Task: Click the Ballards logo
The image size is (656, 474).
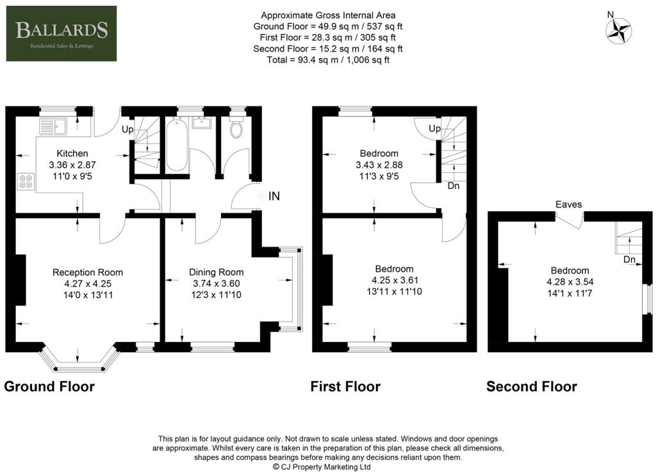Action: pyautogui.click(x=61, y=33)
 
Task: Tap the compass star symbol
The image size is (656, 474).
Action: pyautogui.click(x=619, y=31)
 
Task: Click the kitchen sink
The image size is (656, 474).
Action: pyautogui.click(x=53, y=126)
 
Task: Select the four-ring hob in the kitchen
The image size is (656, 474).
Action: pyautogui.click(x=26, y=182)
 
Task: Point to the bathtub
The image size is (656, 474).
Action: pyautogui.click(x=177, y=144)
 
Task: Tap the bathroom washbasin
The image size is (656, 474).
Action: pyautogui.click(x=202, y=122)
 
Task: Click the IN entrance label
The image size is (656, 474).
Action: pyautogui.click(x=274, y=196)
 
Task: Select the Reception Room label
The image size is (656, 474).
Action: pyautogui.click(x=88, y=272)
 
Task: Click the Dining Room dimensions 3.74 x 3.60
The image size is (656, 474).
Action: pyautogui.click(x=217, y=284)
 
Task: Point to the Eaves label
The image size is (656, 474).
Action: pyautogui.click(x=569, y=204)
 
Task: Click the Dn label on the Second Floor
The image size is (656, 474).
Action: pyautogui.click(x=629, y=259)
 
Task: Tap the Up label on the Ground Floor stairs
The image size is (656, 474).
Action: pyautogui.click(x=127, y=129)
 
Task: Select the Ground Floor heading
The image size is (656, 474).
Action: pyautogui.click(x=49, y=386)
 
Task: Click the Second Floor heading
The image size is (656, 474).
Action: pyautogui.click(x=532, y=386)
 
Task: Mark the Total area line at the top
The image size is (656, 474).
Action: pyautogui.click(x=328, y=60)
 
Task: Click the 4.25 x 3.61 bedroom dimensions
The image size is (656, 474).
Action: pyautogui.click(x=395, y=281)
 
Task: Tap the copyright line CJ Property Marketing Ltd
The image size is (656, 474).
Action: pyautogui.click(x=322, y=467)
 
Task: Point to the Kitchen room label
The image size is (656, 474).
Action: pyautogui.click(x=72, y=154)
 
